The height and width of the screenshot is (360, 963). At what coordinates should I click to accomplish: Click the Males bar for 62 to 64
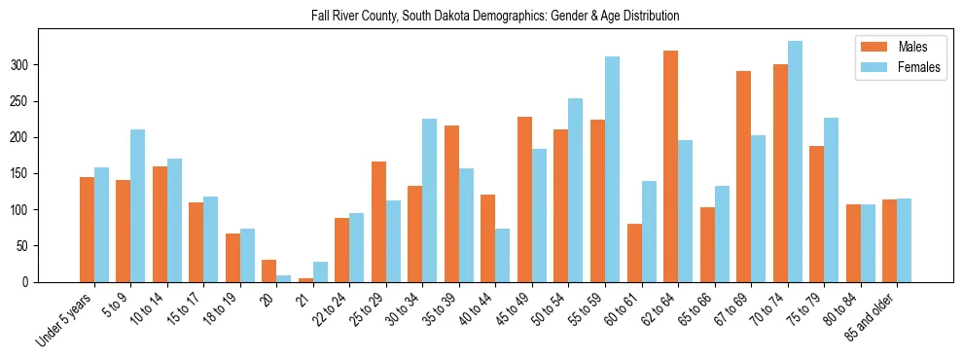[x=670, y=166]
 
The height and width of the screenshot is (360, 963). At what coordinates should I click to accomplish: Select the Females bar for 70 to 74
[x=795, y=162]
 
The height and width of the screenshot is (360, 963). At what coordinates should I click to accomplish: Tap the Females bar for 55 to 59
[x=612, y=169]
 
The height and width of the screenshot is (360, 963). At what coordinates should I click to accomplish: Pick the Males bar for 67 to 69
[x=743, y=176]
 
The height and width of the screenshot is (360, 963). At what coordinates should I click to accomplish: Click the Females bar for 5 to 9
[x=138, y=205]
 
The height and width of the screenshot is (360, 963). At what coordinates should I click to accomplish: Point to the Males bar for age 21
[x=305, y=280]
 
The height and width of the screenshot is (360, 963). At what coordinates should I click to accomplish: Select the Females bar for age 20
[x=284, y=278]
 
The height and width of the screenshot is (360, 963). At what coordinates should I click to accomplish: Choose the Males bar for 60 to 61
[x=634, y=253]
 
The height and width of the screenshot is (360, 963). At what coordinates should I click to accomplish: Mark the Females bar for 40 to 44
[x=503, y=255]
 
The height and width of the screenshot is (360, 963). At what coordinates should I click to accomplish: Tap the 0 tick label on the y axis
[x=31, y=282]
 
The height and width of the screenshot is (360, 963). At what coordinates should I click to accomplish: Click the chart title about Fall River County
[x=481, y=17]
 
